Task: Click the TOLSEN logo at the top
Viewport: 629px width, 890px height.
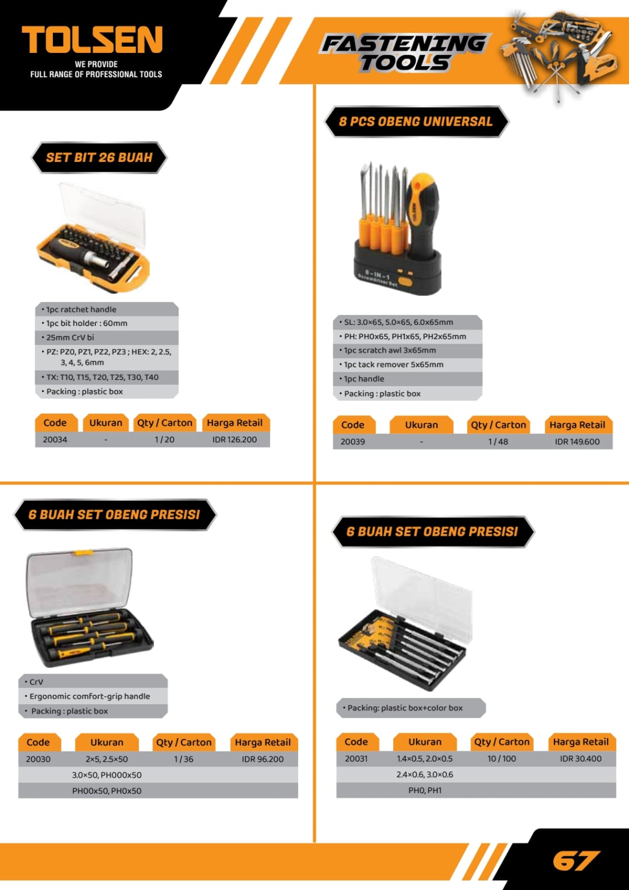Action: click(x=92, y=39)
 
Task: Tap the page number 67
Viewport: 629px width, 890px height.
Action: click(x=576, y=861)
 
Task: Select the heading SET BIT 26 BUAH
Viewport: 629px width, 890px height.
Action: click(x=100, y=157)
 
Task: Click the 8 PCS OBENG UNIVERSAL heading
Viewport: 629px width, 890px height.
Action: click(x=415, y=121)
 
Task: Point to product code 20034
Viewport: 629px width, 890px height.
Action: click(x=55, y=439)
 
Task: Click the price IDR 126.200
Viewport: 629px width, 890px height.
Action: click(x=235, y=439)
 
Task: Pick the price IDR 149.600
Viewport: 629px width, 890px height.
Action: click(x=577, y=442)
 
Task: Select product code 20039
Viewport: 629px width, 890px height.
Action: click(x=353, y=442)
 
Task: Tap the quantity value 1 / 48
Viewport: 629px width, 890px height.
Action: click(x=498, y=442)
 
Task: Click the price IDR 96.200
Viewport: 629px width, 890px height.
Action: click(x=263, y=759)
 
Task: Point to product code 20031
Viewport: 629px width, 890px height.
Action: click(x=356, y=759)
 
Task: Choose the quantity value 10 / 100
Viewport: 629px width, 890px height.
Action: click(x=502, y=759)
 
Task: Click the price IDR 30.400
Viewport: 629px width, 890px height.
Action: click(x=581, y=759)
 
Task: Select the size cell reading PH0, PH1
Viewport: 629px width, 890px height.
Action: click(x=425, y=790)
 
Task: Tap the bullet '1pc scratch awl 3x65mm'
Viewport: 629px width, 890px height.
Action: click(x=389, y=350)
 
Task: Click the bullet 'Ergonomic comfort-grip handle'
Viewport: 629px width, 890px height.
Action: click(x=89, y=696)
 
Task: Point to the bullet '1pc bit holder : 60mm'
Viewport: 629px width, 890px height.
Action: click(x=86, y=323)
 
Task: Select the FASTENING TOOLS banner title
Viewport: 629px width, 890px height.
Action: click(x=404, y=53)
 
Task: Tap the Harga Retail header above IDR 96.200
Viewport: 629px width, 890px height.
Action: click(x=263, y=742)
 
